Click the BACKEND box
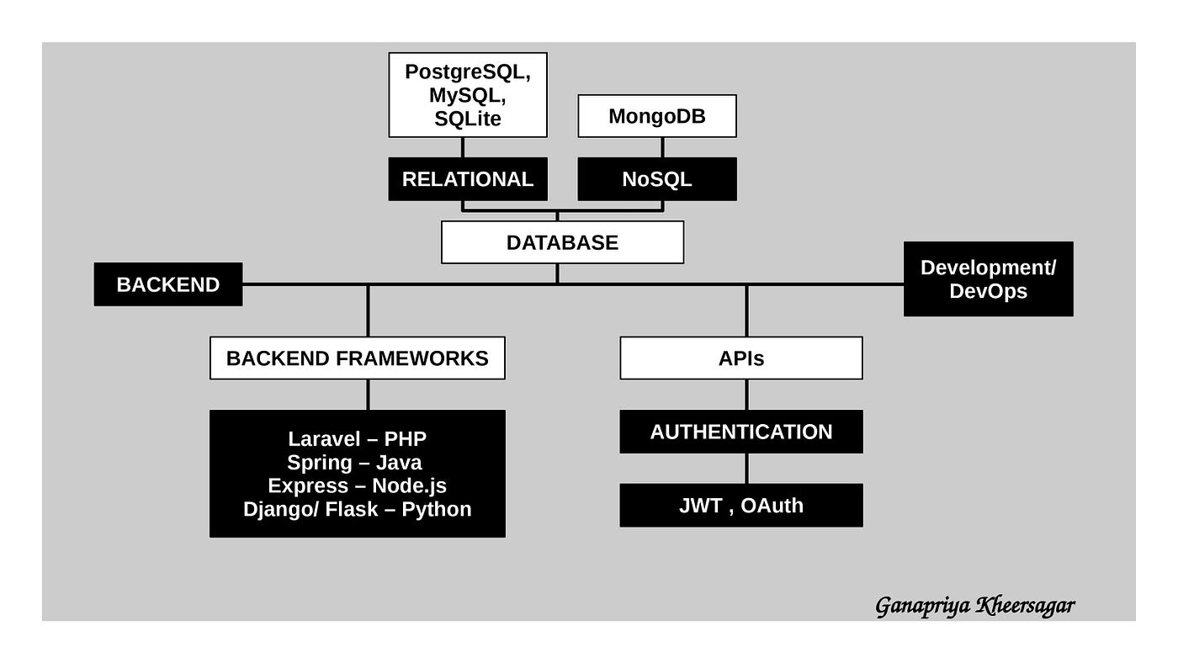tap(168, 284)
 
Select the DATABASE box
tap(562, 242)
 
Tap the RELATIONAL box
tap(468, 179)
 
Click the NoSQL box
tap(657, 179)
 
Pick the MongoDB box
tap(657, 116)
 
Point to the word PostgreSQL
tap(467, 72)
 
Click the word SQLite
tap(468, 119)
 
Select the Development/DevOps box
tap(988, 279)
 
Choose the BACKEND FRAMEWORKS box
tap(358, 358)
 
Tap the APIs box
tap(741, 358)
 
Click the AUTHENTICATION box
tap(741, 432)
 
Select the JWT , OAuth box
tap(741, 506)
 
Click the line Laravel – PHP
tap(358, 439)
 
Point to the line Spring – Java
tap(354, 463)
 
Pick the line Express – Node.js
tap(358, 486)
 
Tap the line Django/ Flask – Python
tap(358, 510)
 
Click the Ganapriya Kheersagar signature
tap(974, 606)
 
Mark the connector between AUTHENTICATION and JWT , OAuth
tap(746, 469)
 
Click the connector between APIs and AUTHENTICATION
tap(746, 395)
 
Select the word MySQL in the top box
tap(467, 96)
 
